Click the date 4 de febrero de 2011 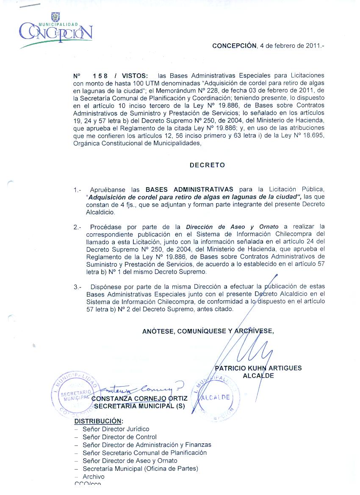[x=292, y=46]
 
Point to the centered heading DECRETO [x=207, y=165]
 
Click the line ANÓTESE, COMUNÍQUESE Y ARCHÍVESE [x=208, y=331]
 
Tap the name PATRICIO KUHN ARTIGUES [x=258, y=368]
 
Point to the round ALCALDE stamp [x=216, y=398]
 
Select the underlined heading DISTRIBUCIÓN [x=99, y=421]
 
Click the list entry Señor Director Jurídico [x=116, y=429]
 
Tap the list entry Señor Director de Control [x=119, y=437]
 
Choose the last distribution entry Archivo [x=93, y=477]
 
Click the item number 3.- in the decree [x=77, y=287]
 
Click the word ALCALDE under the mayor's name [x=258, y=376]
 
